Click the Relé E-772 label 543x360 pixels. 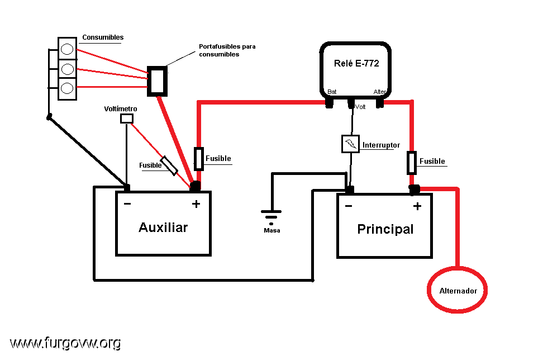coord(356,63)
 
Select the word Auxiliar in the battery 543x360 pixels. coord(163,228)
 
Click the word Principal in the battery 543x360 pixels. coord(385,229)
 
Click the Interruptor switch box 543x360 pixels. coord(350,144)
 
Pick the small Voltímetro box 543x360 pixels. coord(127,119)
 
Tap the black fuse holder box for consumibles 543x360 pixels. coord(157,81)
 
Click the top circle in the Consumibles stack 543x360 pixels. coord(67,49)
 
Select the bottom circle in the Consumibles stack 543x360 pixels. coord(67,88)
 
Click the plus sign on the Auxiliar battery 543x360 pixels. coord(196,203)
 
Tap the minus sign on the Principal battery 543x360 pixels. coord(349,206)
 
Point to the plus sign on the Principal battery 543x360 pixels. coord(417,206)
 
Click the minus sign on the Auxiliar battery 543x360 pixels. coord(127,203)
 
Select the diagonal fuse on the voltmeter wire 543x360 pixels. coord(169,165)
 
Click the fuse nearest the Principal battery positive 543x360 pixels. coord(411,163)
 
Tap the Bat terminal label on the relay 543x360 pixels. coord(332,92)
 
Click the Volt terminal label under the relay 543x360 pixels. coord(360,107)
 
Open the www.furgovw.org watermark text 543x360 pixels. coord(65,343)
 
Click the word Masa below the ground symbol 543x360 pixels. coord(272,230)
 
